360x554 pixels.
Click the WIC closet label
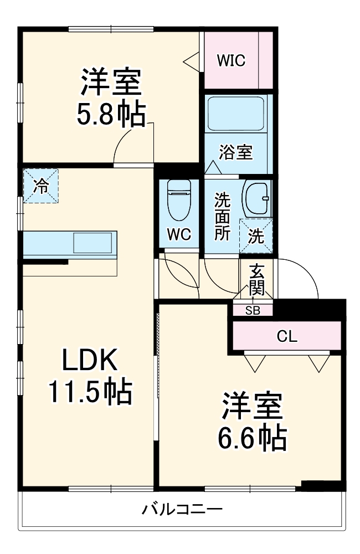coord(231,60)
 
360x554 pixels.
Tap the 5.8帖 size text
coord(111,114)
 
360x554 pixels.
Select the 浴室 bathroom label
coord(235,152)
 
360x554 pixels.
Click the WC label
coord(179,234)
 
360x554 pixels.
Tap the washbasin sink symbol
coord(256,198)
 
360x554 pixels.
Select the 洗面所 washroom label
coord(223,216)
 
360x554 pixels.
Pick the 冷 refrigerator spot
coord(40,186)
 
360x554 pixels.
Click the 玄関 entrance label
coord(256,280)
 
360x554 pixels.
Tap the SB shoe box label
coord(253,310)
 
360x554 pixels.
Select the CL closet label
coord(286,336)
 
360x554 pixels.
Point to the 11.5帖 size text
coord(90,392)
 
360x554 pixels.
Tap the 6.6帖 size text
coord(253,438)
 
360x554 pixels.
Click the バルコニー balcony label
coord(182,509)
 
